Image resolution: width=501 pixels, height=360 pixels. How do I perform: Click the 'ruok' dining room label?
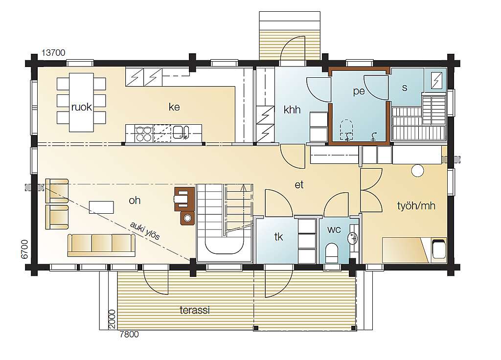click(x=82, y=107)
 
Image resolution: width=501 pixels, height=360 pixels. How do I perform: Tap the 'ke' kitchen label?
click(x=174, y=107)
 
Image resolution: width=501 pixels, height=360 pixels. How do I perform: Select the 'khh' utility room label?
click(x=292, y=110)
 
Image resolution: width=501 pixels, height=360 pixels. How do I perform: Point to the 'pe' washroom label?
click(x=359, y=91)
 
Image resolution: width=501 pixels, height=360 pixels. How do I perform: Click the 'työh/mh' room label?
click(x=416, y=205)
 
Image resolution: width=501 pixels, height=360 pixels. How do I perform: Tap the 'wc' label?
click(x=334, y=229)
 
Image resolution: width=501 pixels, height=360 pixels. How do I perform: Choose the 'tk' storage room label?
click(x=278, y=237)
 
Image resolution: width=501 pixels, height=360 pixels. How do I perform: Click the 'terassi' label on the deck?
click(x=195, y=310)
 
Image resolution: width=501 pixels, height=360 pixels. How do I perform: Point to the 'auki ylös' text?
click(x=145, y=230)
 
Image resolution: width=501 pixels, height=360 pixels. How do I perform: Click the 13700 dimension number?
click(x=53, y=53)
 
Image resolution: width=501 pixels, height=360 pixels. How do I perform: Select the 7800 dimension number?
click(x=129, y=334)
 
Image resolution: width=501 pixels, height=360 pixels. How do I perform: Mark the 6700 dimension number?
click(x=24, y=249)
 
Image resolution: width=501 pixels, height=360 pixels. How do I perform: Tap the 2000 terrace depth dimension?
click(x=112, y=318)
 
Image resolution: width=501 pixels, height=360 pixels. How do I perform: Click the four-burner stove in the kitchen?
click(x=143, y=134)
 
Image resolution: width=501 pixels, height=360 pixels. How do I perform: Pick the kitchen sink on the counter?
click(x=181, y=133)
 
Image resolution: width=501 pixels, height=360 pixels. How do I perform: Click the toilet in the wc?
click(x=331, y=253)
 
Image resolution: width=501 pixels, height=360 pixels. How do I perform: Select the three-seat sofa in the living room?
click(x=101, y=245)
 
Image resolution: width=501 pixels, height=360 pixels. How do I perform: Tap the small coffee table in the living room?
click(x=101, y=207)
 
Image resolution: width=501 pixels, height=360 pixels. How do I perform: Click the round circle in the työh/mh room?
click(x=417, y=171)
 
